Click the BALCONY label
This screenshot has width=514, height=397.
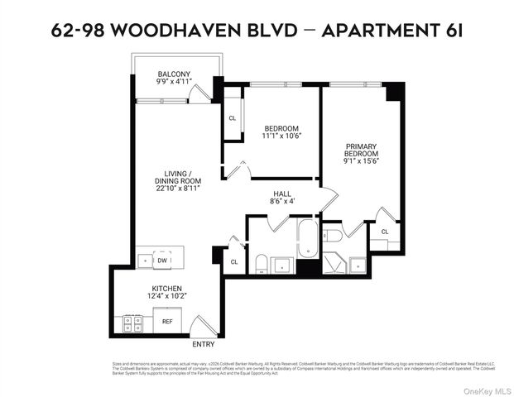175,74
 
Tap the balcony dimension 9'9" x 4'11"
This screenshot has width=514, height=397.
175,83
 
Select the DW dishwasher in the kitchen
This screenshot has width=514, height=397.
164,260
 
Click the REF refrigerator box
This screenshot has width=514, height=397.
167,322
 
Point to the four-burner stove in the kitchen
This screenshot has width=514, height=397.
132,323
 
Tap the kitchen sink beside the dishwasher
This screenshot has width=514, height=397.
147,260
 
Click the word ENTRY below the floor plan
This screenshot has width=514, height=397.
203,344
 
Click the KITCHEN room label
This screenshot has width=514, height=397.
166,289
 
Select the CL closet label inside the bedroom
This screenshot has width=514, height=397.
232,118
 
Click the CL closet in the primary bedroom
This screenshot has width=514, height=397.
384,232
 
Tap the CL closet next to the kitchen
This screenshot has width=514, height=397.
233,262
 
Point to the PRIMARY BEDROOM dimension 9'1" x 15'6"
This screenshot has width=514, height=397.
362,162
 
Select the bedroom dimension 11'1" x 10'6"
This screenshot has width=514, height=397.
281,136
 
